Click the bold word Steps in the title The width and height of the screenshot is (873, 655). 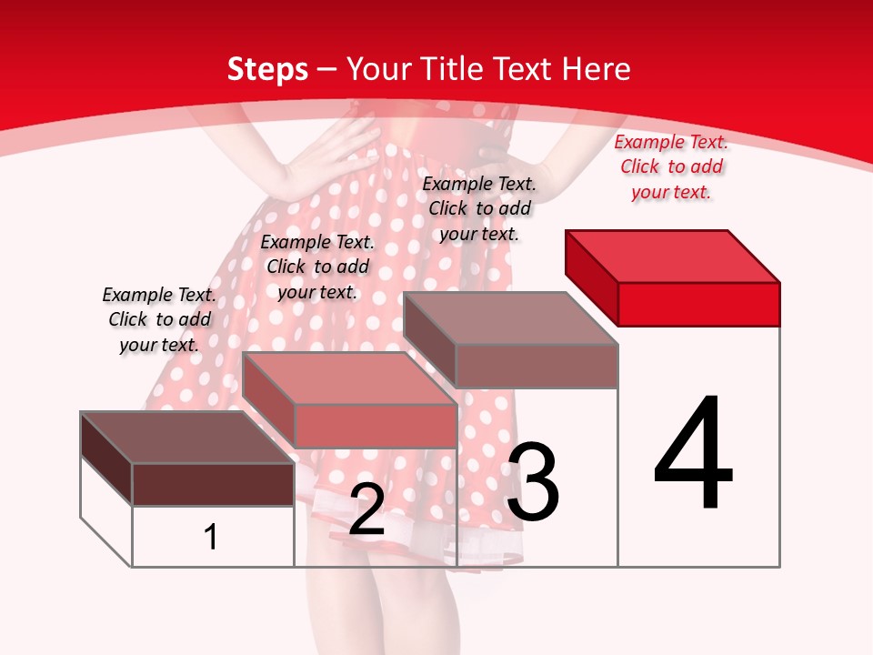click(267, 69)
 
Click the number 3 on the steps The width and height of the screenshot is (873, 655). click(533, 482)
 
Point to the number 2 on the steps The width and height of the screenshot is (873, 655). click(366, 509)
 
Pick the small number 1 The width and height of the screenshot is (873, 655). click(211, 537)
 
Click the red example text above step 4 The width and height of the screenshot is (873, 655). click(671, 166)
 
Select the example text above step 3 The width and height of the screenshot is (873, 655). click(479, 208)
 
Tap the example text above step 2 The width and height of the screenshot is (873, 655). click(317, 267)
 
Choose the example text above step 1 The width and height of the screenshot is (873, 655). click(159, 319)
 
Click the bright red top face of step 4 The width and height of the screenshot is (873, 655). click(673, 256)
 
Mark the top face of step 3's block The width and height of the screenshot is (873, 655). click(510, 318)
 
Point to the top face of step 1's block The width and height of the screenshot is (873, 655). click(187, 438)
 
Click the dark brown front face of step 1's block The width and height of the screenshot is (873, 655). click(213, 484)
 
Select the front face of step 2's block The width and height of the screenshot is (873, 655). click(375, 426)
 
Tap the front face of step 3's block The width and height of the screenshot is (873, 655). click(537, 366)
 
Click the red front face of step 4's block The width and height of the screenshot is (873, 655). click(698, 304)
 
